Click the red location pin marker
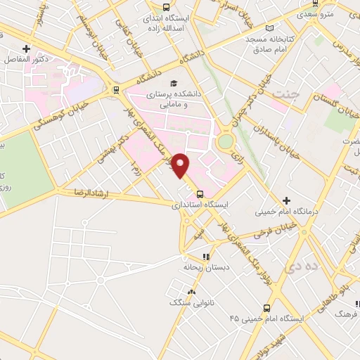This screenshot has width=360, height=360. [x=181, y=165]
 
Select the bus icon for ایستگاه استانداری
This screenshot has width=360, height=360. [x=200, y=195]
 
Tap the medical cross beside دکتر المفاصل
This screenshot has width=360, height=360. [x=26, y=49]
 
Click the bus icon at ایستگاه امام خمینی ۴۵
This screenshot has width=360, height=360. [x=266, y=308]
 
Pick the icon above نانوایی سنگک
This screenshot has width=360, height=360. [x=190, y=291]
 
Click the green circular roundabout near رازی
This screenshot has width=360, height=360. [x=226, y=141]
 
